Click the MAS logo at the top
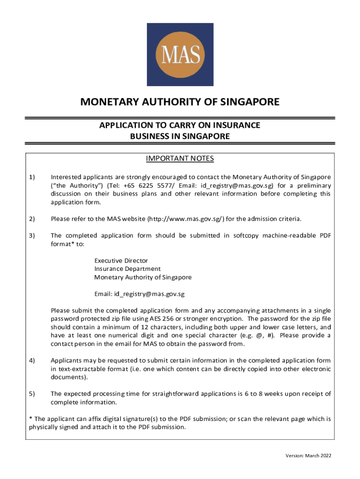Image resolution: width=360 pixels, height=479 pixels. (x=180, y=55)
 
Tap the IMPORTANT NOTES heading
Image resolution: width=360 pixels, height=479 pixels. (x=180, y=159)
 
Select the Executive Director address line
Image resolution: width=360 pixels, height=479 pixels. (x=121, y=260)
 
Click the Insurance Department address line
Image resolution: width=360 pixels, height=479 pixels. (x=127, y=269)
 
